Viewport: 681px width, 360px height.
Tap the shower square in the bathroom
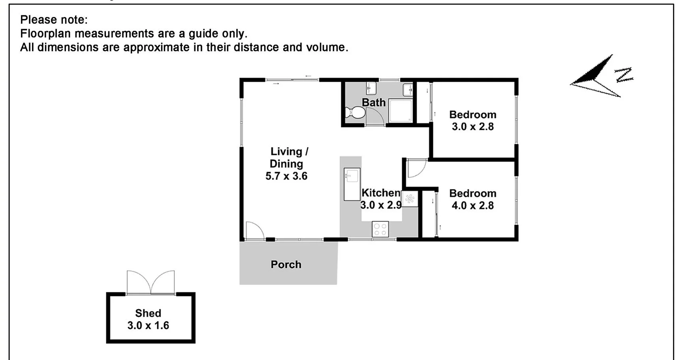point(400,111)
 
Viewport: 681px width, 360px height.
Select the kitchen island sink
point(351,176)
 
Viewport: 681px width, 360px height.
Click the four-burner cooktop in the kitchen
point(380,229)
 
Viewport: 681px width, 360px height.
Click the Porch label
point(286,264)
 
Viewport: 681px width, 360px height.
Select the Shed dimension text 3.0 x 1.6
point(148,326)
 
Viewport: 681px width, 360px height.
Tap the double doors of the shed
point(150,283)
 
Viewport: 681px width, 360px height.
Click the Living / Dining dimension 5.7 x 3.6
point(286,176)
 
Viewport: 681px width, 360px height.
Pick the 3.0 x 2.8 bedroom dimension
point(473,127)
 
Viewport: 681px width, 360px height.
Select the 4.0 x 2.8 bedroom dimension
point(473,206)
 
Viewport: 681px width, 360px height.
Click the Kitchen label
point(380,193)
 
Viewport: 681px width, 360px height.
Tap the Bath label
point(374,103)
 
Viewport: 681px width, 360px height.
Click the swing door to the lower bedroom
point(416,168)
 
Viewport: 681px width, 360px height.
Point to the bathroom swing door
point(374,116)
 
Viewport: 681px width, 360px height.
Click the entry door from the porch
point(254,231)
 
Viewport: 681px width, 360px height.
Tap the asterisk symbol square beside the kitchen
point(410,199)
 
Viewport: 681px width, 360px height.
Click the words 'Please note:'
point(54,20)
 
